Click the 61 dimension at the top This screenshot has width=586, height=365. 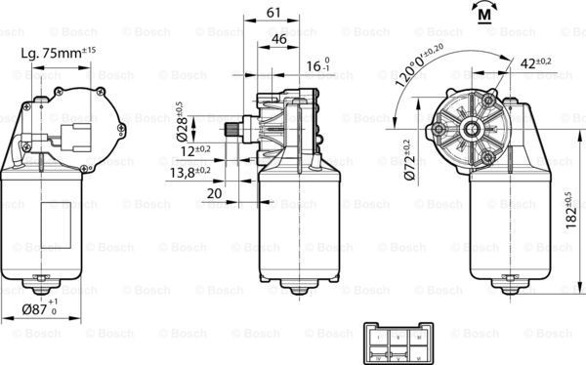tap(274, 12)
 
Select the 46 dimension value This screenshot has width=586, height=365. tap(279, 39)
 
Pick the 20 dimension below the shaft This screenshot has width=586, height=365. tap(215, 193)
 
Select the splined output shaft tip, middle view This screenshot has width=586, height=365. tap(231, 129)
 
